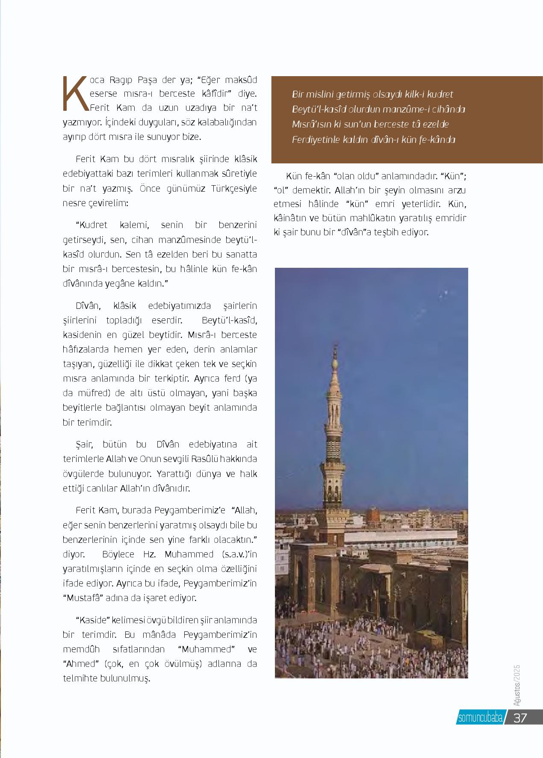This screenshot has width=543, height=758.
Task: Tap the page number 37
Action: click(x=520, y=718)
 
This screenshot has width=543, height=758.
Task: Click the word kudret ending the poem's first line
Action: click(x=439, y=94)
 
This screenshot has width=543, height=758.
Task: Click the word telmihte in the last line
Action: click(x=80, y=678)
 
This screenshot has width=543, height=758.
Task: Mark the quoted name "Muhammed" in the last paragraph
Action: click(x=207, y=649)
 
